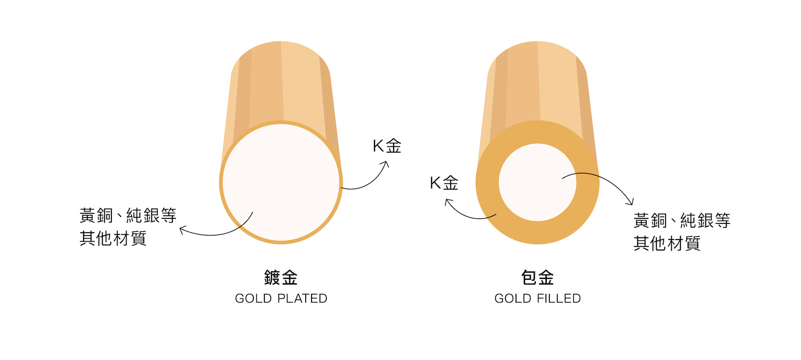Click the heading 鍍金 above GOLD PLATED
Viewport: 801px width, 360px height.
pyautogui.click(x=281, y=278)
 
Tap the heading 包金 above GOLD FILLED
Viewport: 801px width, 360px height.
pyautogui.click(x=538, y=278)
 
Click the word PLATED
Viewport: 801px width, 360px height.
pyautogui.click(x=302, y=298)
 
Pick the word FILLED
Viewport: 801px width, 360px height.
pyautogui.click(x=559, y=298)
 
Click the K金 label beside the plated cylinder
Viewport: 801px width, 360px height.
pyautogui.click(x=387, y=146)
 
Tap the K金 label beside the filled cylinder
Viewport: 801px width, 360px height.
pyautogui.click(x=444, y=183)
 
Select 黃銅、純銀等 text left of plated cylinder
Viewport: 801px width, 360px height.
pyautogui.click(x=128, y=215)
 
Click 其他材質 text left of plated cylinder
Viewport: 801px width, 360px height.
pyautogui.click(x=113, y=238)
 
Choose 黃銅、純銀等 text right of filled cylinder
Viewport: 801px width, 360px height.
pyautogui.click(x=682, y=220)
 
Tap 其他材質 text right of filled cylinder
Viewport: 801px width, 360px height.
pyautogui.click(x=667, y=243)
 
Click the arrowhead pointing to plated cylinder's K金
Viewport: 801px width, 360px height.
pyautogui.click(x=386, y=164)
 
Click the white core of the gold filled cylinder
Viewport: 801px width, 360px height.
pyautogui.click(x=537, y=182)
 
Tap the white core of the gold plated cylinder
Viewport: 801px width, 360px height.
pyautogui.click(x=281, y=182)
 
